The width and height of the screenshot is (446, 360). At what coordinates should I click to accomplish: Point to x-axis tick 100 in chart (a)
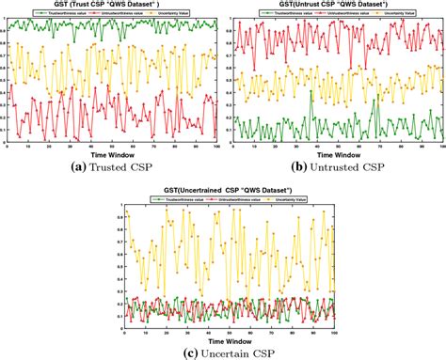click(x=215, y=144)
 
